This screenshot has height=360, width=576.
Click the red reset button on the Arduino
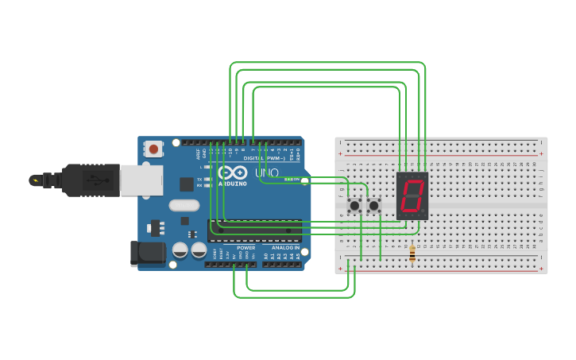point(153,149)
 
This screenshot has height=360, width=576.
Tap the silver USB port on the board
point(141,180)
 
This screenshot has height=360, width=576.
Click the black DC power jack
point(148,253)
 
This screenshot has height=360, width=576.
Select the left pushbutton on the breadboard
point(354,206)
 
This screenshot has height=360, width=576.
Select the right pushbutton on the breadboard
point(373,206)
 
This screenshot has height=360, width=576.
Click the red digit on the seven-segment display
point(412,195)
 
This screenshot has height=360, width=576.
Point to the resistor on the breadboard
point(412,253)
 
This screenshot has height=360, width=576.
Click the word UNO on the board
point(266,172)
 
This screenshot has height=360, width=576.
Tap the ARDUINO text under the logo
point(232,184)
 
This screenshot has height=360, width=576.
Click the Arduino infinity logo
point(232,172)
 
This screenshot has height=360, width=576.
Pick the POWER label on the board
point(245,247)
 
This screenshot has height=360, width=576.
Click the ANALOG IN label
point(285,247)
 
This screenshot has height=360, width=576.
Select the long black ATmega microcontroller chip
point(254,230)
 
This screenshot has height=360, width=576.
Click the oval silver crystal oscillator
point(184,205)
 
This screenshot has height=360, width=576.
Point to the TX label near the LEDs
point(199,179)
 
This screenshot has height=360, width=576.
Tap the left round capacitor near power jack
point(180,250)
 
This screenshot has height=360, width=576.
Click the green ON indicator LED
point(291,179)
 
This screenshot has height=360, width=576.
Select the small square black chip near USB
point(187,184)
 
